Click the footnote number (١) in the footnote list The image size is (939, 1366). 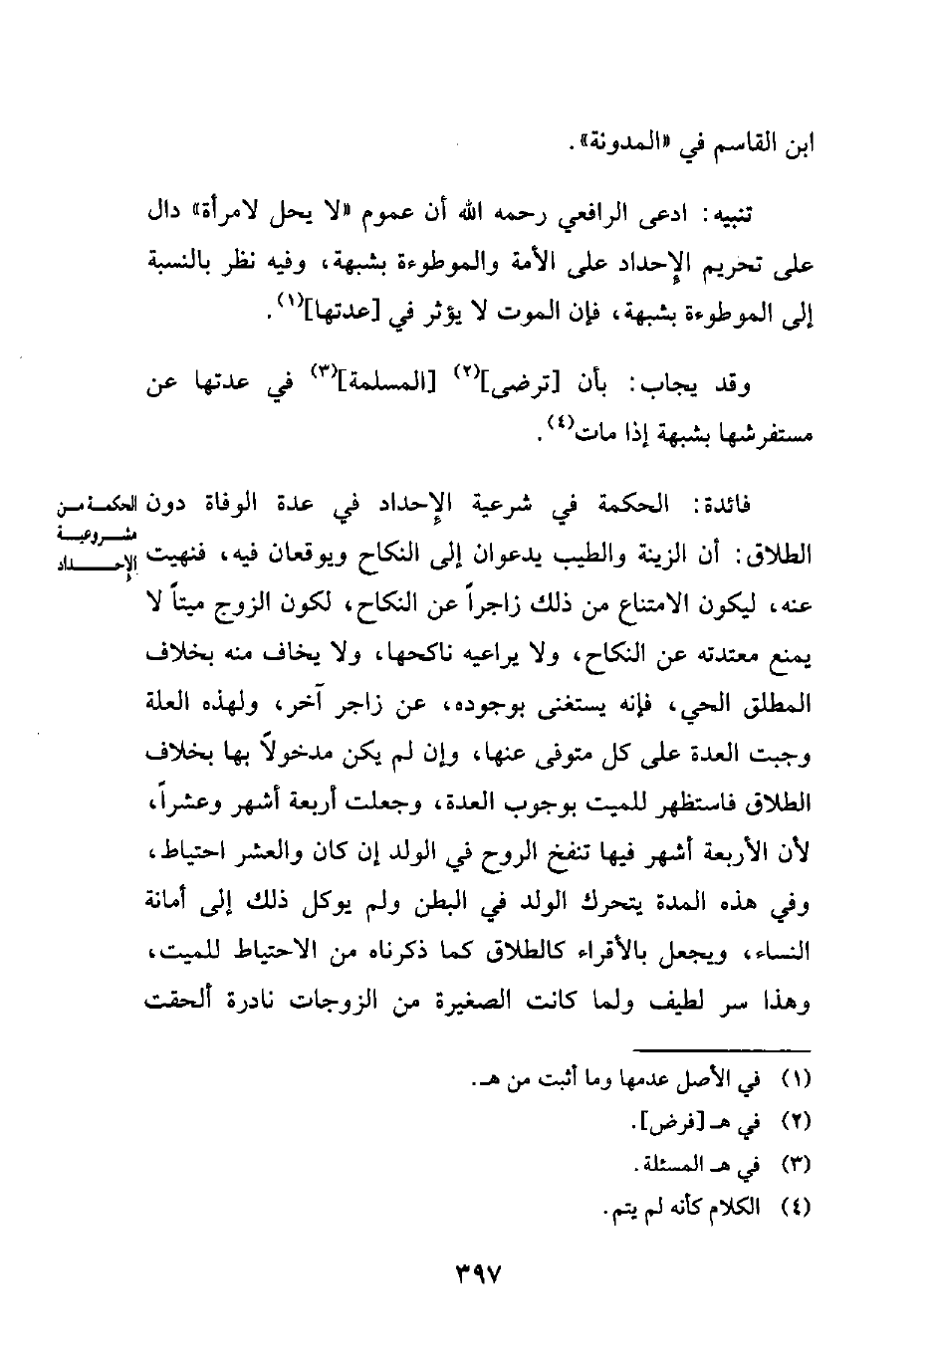point(802,1079)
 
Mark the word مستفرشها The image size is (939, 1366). point(766,435)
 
